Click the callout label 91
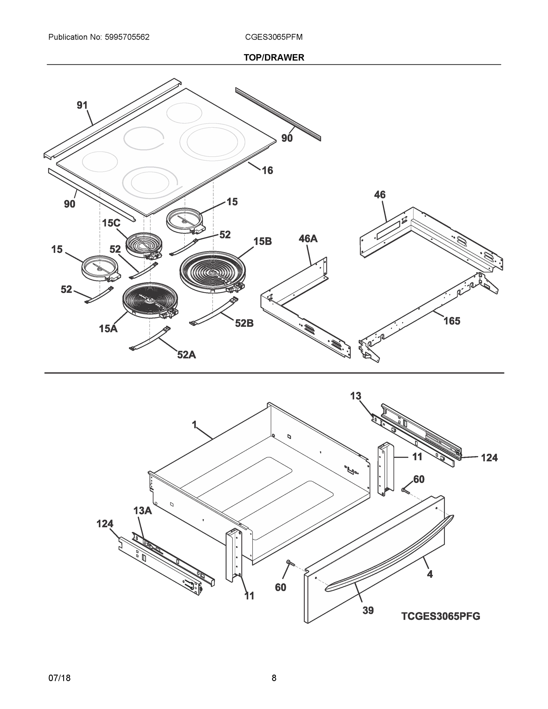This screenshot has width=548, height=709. point(82,105)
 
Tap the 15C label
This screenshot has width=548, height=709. point(111,223)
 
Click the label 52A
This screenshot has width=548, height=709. point(186,355)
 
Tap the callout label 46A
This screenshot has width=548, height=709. point(308,239)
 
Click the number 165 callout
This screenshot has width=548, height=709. point(452,321)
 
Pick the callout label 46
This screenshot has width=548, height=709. point(380,195)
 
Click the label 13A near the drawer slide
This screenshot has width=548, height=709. point(142,511)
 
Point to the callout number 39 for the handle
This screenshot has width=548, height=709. point(368,611)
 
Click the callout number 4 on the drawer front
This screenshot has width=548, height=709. point(430,574)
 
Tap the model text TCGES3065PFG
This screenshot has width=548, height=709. point(440,616)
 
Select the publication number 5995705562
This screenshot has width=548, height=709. point(127,37)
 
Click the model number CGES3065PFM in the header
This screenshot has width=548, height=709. point(274,37)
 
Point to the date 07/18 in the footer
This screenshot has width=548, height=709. point(59,678)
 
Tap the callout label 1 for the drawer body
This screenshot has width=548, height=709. point(194,425)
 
